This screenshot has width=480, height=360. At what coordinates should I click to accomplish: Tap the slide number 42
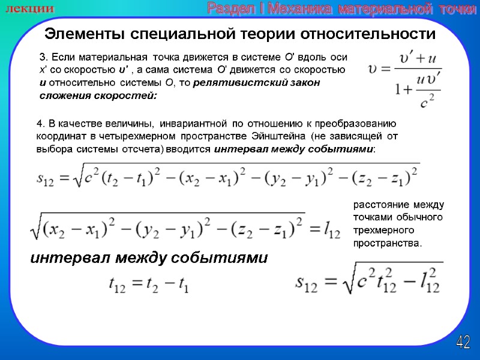(x=463, y=343)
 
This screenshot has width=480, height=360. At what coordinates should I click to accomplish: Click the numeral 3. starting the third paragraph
(x=42, y=58)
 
